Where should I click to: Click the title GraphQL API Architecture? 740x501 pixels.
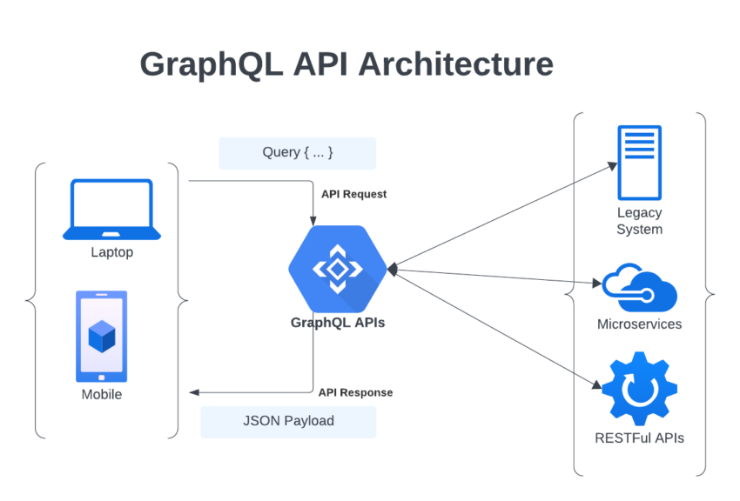tap(346, 65)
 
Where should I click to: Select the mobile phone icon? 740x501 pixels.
tap(102, 337)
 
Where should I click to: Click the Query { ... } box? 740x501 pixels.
tap(297, 153)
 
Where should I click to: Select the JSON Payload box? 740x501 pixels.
tap(288, 421)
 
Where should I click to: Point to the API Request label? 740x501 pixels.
tap(353, 194)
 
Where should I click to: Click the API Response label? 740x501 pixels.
tap(355, 392)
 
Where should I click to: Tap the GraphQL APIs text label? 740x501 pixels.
tap(337, 323)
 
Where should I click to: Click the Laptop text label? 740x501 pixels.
tap(111, 253)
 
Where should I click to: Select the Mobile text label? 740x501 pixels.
tap(102, 395)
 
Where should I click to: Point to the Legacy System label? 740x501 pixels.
tap(639, 221)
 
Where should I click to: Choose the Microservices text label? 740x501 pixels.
tap(639, 324)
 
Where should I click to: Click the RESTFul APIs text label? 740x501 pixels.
tap(639, 438)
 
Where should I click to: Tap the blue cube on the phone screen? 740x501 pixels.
tap(102, 336)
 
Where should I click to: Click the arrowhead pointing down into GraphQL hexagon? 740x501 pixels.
tap(313, 221)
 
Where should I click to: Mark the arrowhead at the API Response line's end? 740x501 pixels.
tap(194, 392)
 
